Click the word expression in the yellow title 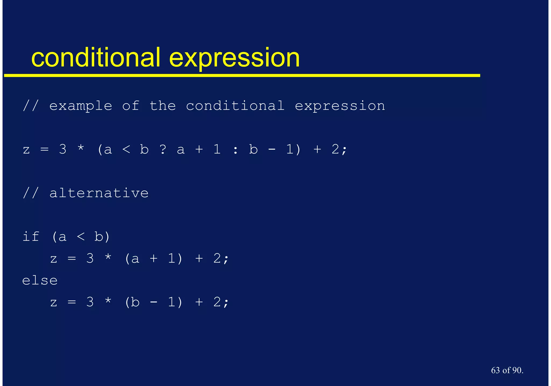pos(234,58)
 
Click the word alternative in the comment pos(99,193)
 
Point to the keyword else pos(40,280)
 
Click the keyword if pos(31,237)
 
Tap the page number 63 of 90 pos(507,370)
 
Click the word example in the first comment pos(80,106)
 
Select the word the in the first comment pos(163,105)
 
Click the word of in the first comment pos(131,105)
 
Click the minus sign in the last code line pos(154,302)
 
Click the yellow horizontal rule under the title pos(242,76)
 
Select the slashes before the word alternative pos(31,193)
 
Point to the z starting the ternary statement pos(26,150)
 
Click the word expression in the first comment pos(340,106)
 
